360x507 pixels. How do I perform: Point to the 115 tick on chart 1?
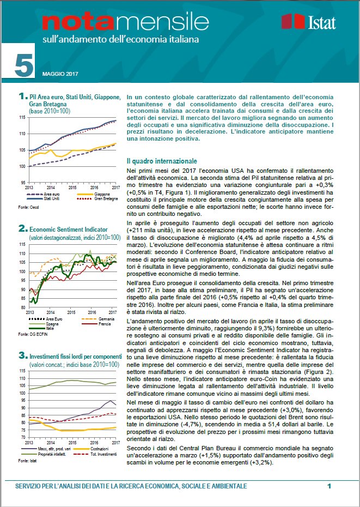point(22,117)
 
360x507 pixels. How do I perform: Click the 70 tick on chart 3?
point(22,437)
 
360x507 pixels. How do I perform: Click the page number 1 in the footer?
point(329,485)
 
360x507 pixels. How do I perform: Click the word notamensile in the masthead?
point(118,22)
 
